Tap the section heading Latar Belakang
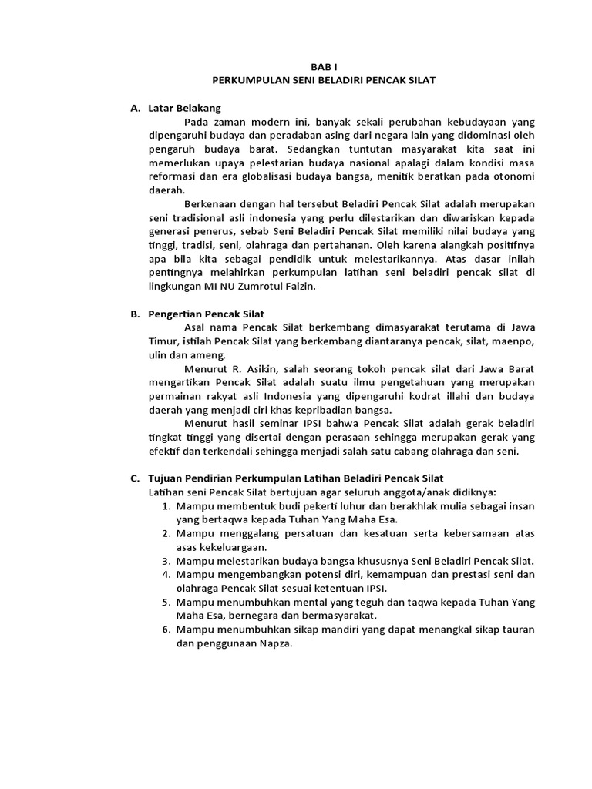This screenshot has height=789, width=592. (184, 108)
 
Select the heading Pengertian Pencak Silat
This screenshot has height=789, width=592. (207, 314)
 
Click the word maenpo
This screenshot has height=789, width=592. (512, 341)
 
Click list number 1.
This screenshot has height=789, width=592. (166, 506)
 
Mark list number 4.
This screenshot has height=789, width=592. (166, 575)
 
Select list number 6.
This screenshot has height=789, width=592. (166, 630)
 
